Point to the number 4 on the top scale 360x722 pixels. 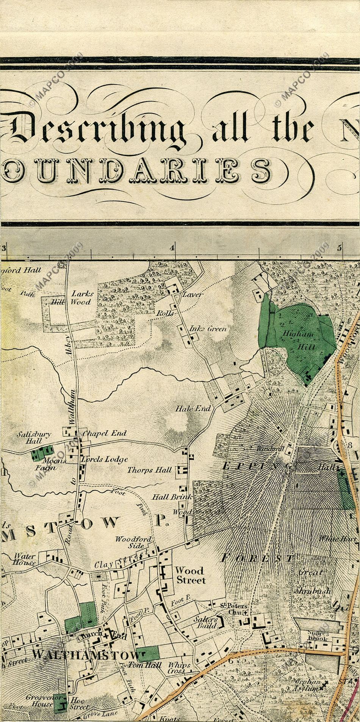pyautogui.click(x=173, y=248)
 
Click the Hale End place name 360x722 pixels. pyautogui.click(x=193, y=409)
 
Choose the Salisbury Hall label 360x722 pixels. pyautogui.click(x=33, y=438)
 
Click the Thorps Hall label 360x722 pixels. pyautogui.click(x=150, y=470)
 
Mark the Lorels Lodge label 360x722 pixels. pyautogui.click(x=104, y=459)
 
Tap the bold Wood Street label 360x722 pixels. pyautogui.click(x=190, y=575)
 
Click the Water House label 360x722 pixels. pyautogui.click(x=25, y=559)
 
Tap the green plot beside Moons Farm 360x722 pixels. pyautogui.click(x=42, y=453)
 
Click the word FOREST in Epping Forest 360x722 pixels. pyautogui.click(x=258, y=558)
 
